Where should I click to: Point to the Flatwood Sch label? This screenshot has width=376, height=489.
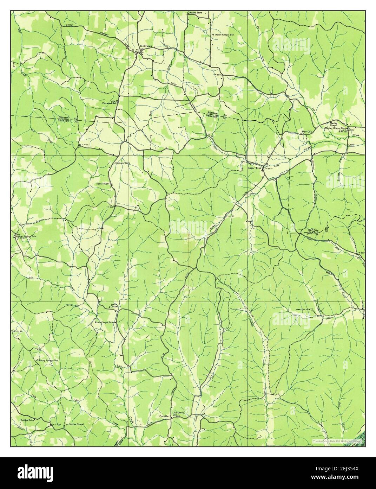[x=109, y=103]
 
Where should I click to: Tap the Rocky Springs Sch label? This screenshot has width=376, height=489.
[x=48, y=361]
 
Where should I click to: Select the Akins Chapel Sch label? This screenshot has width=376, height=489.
[x=104, y=322]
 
